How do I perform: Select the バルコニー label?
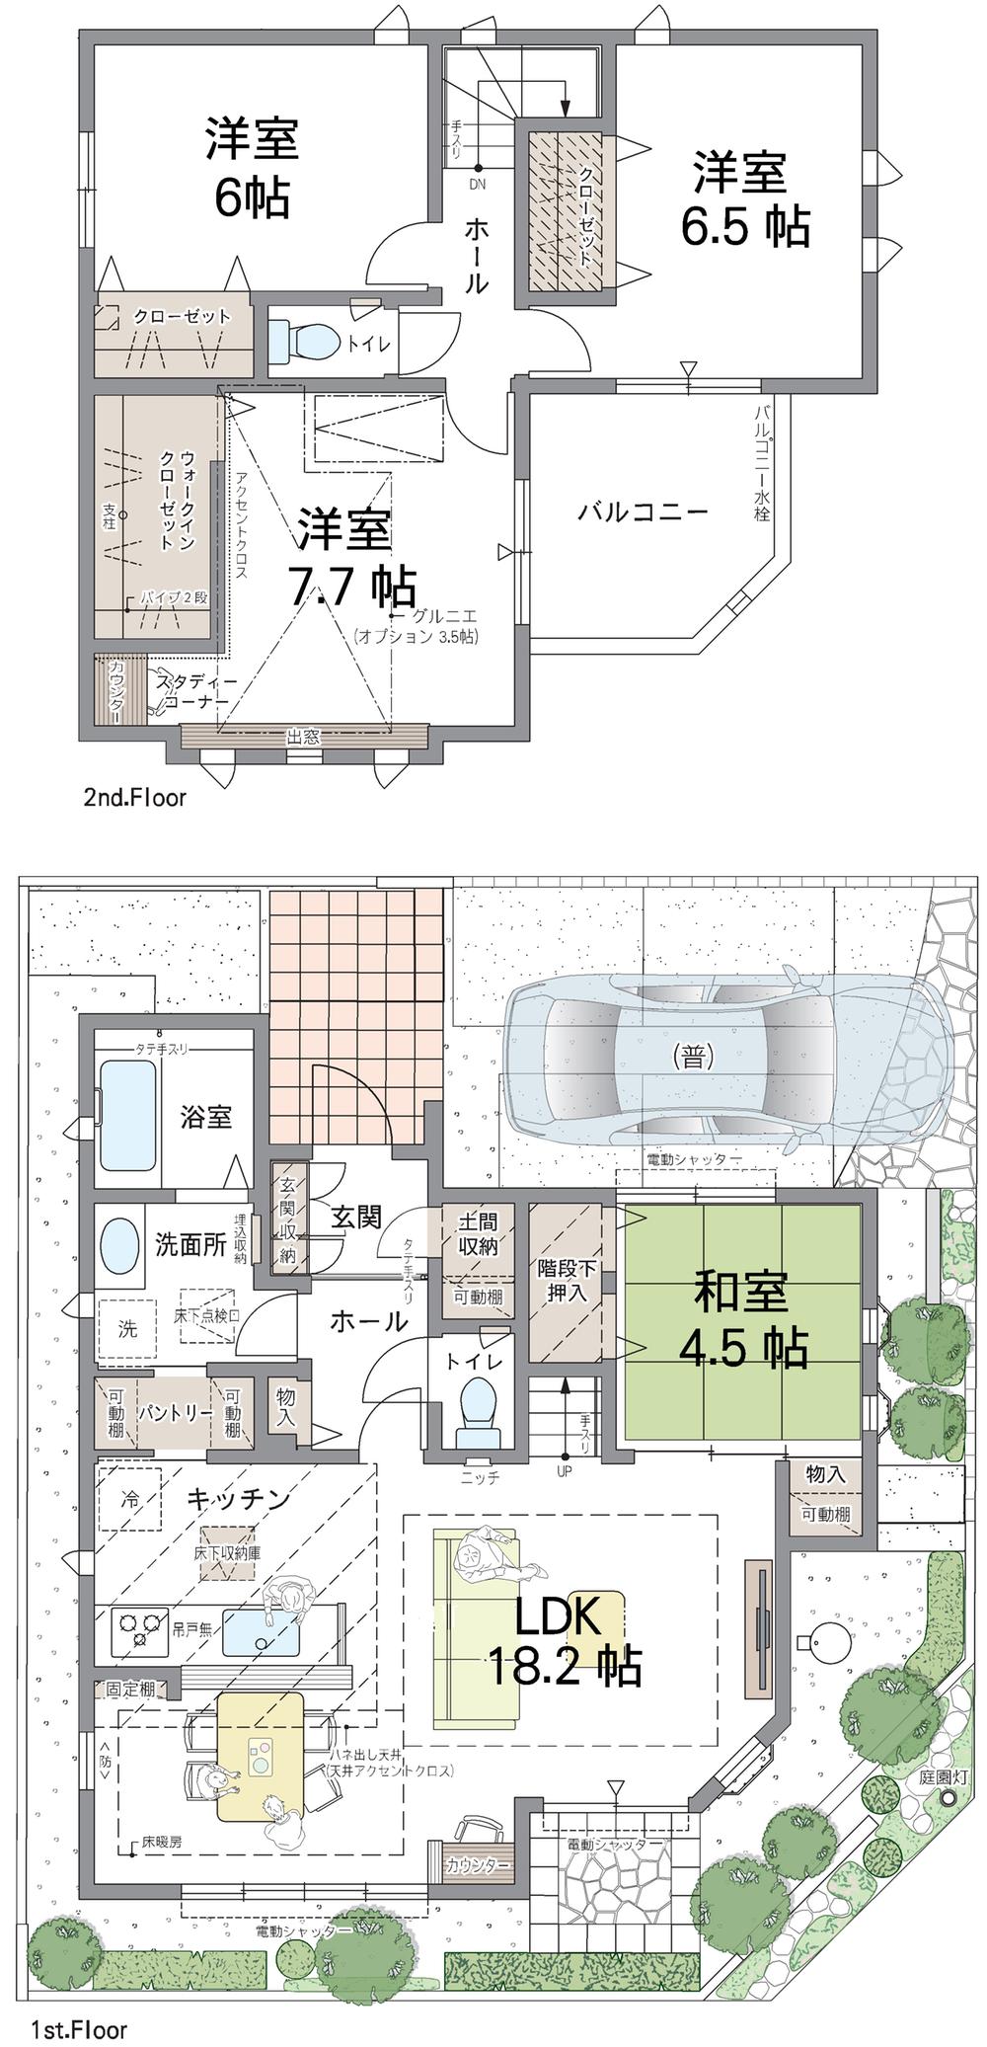coord(643,512)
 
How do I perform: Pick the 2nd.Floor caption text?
coord(134,797)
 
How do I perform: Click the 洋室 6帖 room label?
coord(252,168)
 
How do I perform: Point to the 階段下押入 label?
coord(566,1279)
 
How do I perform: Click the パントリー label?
coord(175,1412)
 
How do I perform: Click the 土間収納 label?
coord(477,1233)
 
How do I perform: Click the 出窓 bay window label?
coord(303,736)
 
